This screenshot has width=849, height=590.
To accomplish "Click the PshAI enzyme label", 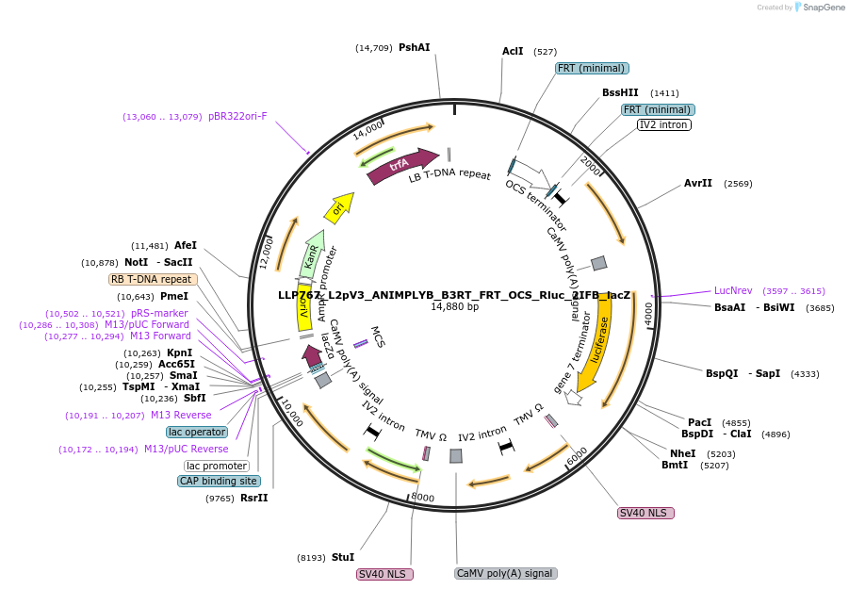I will click(414, 47).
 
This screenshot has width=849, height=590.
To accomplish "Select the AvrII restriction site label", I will click(698, 183).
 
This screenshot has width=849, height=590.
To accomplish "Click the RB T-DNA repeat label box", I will click(153, 279).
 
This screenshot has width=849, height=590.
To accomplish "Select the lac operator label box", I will click(197, 432).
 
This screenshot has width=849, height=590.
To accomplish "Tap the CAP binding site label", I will click(218, 481).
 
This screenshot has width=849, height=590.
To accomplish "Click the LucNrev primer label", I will click(733, 290).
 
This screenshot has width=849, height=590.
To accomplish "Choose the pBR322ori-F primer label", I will click(237, 117).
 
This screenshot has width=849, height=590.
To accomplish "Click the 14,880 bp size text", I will click(455, 307).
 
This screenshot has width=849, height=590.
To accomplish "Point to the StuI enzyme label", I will click(343, 557).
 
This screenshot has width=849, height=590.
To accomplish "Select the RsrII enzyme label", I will click(254, 498).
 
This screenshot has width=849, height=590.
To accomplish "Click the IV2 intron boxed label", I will click(664, 124).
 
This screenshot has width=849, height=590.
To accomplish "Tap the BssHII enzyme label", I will click(620, 92).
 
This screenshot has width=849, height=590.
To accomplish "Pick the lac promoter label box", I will click(217, 466).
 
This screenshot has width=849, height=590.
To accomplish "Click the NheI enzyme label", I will click(682, 453).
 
